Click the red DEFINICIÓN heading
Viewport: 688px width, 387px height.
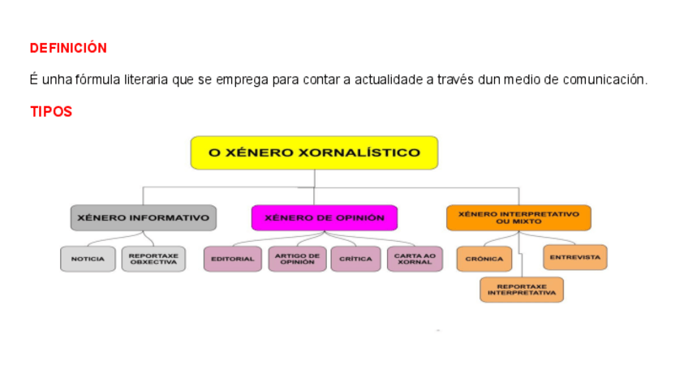68,49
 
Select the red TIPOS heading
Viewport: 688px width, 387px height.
51,112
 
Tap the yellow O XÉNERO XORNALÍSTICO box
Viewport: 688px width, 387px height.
314,153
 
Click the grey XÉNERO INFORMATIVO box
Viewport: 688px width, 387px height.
143,217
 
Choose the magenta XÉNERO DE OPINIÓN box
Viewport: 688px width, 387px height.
324,217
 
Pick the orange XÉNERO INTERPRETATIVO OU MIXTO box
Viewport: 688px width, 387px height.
518,217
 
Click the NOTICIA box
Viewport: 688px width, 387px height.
88,259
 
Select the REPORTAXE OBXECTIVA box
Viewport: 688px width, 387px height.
153,259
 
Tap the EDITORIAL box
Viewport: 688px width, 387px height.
232,259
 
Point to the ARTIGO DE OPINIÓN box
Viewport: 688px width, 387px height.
297,259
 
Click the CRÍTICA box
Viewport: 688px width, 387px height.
355,259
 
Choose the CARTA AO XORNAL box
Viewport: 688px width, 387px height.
415,259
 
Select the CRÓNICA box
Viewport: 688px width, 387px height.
484,259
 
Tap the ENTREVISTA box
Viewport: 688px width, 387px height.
574,257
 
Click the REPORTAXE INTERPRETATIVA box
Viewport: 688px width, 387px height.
522,290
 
